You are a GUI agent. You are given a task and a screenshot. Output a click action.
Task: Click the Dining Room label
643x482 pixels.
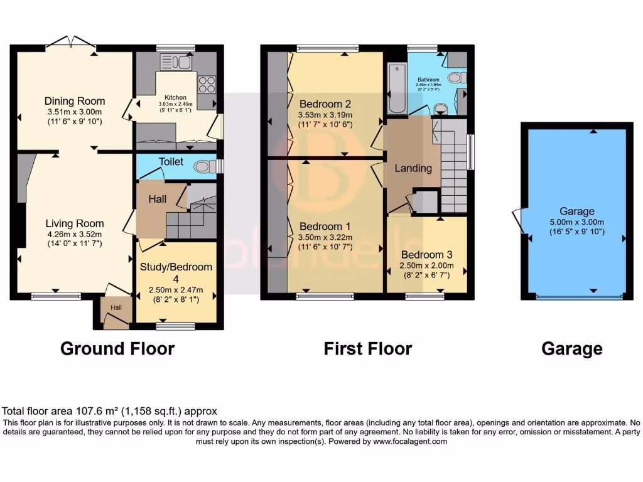coord(75,101)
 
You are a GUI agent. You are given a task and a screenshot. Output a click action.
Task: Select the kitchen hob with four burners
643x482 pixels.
coord(207,83)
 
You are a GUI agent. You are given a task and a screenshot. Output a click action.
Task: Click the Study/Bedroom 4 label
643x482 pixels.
coord(176,272)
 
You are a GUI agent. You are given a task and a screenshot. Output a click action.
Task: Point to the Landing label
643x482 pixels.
coord(413,168)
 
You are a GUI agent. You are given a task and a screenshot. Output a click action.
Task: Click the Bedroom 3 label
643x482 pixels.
coord(426,255)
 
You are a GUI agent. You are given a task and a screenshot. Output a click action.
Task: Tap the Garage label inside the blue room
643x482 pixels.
coord(577,212)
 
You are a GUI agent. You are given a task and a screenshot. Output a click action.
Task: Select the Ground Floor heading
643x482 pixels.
coord(117,348)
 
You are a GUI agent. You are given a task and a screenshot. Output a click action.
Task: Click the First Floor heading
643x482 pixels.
coord(367,348)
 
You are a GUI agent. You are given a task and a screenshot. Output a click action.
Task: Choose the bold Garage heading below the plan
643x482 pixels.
coord(571,348)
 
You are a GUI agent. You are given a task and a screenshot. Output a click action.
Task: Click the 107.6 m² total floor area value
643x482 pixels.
coord(78,412)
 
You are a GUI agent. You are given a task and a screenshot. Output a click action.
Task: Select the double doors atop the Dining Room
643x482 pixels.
coord(72,42)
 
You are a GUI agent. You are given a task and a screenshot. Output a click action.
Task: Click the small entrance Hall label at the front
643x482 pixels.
coord(117,308)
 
